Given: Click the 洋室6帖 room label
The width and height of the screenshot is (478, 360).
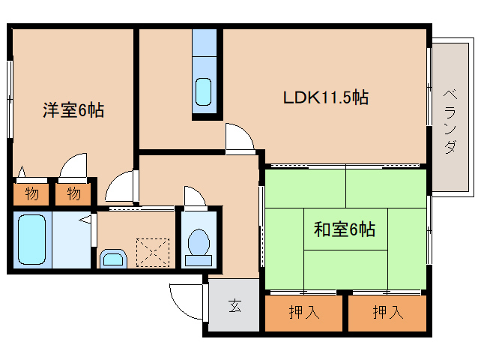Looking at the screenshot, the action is tap(73, 109).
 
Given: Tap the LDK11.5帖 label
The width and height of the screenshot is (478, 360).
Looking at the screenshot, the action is tap(326, 97).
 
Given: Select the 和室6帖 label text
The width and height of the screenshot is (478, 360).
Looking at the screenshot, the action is tap(345, 229).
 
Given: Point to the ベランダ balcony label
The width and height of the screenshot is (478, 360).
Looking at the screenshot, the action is tap(450, 121).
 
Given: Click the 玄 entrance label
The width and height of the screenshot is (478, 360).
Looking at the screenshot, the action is tap(235, 306).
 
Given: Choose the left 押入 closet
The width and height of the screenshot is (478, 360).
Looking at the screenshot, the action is tap(303, 313).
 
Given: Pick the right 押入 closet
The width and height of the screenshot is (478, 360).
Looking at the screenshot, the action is tap(387, 313).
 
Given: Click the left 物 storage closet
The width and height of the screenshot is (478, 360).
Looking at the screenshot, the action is tap(31, 194).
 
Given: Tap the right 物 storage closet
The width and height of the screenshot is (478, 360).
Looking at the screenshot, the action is tap(73, 194).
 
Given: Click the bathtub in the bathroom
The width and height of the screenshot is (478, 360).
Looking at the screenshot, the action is tap(31, 239).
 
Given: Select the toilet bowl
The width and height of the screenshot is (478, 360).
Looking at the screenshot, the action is tap(199, 247).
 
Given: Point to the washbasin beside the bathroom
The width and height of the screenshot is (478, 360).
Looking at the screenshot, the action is tap(113, 259).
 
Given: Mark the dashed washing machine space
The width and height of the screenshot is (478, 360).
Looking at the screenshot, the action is tap(153, 253).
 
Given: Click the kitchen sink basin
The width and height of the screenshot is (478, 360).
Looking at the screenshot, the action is tap(203, 91).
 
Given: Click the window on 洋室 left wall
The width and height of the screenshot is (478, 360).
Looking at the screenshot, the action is tap(10, 99).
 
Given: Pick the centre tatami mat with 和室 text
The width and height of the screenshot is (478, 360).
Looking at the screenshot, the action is tap(345, 229).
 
